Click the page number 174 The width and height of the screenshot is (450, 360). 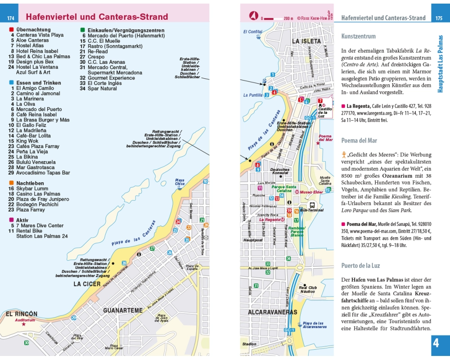(x=11, y=18)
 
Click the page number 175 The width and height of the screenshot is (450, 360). (x=439, y=18)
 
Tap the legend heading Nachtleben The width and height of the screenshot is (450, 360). (x=30, y=183)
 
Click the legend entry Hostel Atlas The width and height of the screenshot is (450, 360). (x=30, y=45)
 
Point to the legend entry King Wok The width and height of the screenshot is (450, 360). (x=27, y=141)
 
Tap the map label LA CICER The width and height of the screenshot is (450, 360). (x=87, y=284)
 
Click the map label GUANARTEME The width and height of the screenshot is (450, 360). (x=123, y=310)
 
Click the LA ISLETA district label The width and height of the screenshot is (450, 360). (x=306, y=41)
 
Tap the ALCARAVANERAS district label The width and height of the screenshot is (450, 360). (x=272, y=312)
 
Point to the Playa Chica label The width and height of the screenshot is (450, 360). (x=180, y=182)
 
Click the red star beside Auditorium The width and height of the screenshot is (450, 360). (x=24, y=324)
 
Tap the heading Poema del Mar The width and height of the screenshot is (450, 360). (x=359, y=140)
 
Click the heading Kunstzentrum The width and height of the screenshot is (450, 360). (x=359, y=36)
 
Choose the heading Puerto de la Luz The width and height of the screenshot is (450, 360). (x=360, y=265)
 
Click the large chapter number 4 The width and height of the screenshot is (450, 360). (x=436, y=343)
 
